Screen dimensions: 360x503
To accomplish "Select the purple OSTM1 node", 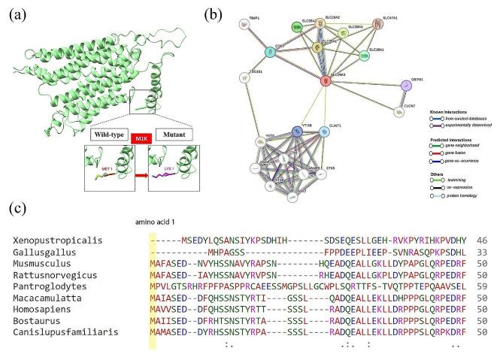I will click(407, 85).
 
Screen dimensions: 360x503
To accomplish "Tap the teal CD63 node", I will click(270, 53).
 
